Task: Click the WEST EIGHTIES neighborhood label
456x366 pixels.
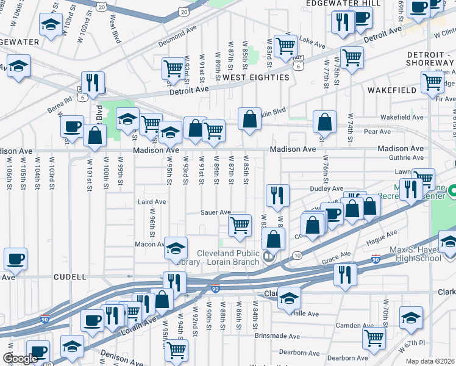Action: (255, 77)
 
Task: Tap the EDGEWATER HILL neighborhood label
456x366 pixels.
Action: (344, 4)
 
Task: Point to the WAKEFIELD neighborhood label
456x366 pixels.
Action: (392, 90)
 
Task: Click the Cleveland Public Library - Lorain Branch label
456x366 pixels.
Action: (232, 259)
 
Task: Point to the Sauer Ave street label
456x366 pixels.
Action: (216, 212)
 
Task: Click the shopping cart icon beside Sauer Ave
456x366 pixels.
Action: (240, 224)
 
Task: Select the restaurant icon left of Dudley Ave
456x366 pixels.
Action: (277, 195)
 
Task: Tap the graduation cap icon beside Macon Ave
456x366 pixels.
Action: (176, 248)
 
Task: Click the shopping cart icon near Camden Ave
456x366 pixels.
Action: (374, 336)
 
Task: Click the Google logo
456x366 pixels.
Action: (20, 359)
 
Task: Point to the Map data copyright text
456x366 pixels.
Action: (430, 361)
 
